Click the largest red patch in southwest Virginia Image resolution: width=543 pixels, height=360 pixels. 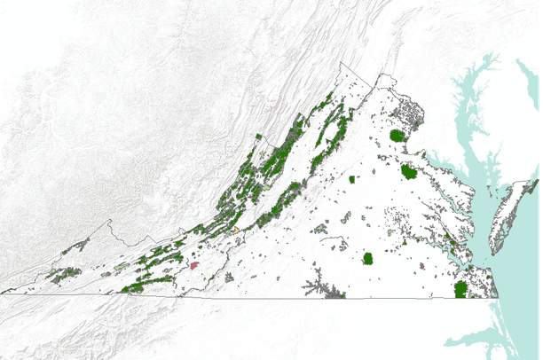(x=193, y=264)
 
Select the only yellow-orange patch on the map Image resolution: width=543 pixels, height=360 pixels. (x=236, y=231)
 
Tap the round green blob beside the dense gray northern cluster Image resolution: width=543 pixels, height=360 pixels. (x=397, y=136)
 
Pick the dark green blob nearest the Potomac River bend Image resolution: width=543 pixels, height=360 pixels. (x=409, y=170)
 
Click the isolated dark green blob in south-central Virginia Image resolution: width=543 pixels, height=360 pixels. (x=368, y=259)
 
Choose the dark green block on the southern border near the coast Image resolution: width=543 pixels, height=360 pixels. (x=460, y=289)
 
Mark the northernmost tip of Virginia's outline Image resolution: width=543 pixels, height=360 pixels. (x=340, y=63)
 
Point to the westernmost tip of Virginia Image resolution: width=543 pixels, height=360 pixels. (x=3, y=291)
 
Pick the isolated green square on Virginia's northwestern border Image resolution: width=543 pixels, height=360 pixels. (x=258, y=137)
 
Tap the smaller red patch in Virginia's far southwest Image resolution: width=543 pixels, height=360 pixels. (x=106, y=275)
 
